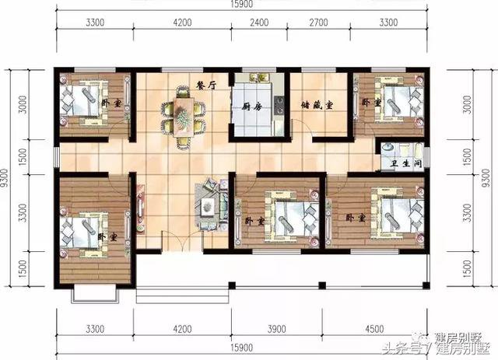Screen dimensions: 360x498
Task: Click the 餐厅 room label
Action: tap(205, 86)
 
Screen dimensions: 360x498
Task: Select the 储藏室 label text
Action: tap(317, 107)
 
